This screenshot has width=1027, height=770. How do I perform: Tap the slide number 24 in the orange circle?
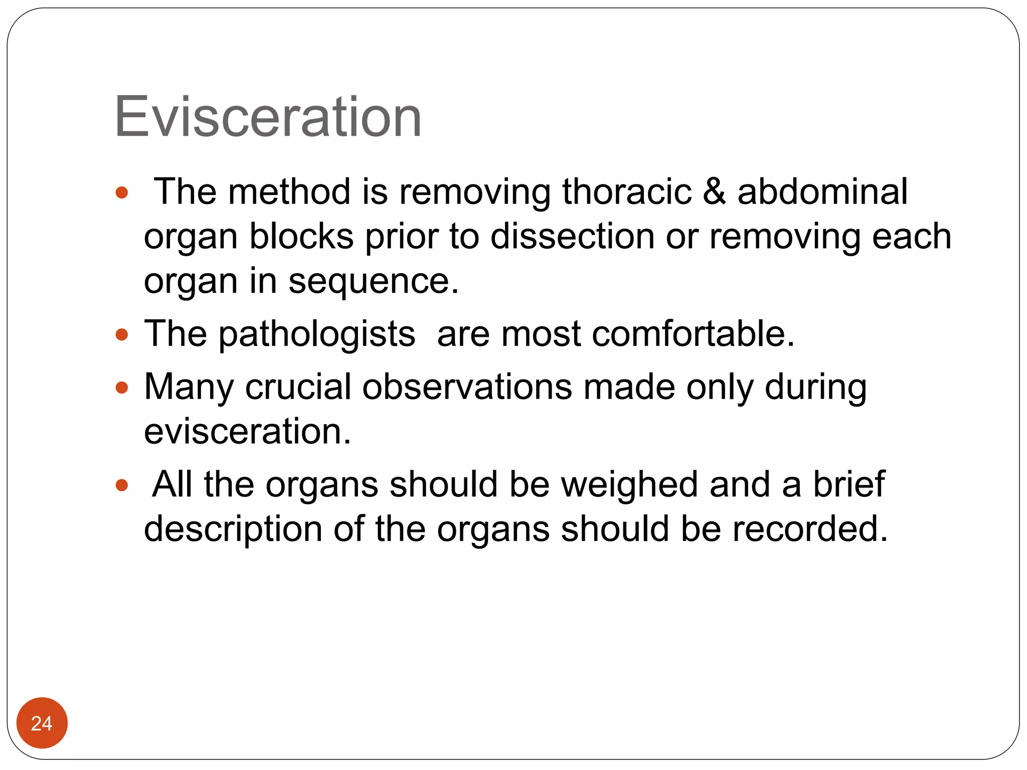pyautogui.click(x=42, y=723)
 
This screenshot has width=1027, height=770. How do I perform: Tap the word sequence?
pyautogui.click(x=373, y=282)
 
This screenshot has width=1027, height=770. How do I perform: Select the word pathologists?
pyautogui.click(x=316, y=335)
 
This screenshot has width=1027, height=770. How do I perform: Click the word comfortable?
pyautogui.click(x=693, y=334)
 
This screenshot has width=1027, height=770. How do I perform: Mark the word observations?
pyautogui.click(x=467, y=387)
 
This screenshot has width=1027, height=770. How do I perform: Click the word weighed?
pyautogui.click(x=629, y=485)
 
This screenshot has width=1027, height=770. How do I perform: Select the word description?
pyautogui.click(x=233, y=530)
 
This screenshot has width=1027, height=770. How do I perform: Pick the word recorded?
pyautogui.click(x=810, y=529)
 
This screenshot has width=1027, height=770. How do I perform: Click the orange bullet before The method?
pyautogui.click(x=122, y=192)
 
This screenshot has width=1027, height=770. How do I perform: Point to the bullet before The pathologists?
pyautogui.click(x=122, y=334)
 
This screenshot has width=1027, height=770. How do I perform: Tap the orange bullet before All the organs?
pyautogui.click(x=122, y=485)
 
